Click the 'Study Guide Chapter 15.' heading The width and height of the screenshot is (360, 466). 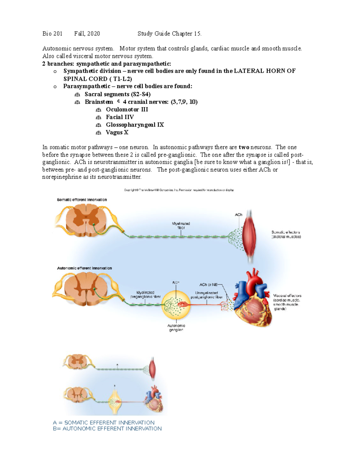[x=169, y=34]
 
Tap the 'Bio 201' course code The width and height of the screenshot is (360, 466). [x=52, y=34]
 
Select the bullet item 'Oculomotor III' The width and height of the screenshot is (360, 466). [x=127, y=110]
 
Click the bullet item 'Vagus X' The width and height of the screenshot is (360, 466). [x=117, y=132]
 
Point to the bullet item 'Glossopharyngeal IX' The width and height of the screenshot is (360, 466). [x=135, y=125]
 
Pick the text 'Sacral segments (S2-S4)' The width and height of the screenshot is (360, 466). [x=118, y=94]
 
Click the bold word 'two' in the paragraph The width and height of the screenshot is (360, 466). [x=244, y=147]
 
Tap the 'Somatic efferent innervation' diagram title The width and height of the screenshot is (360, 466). [x=82, y=200]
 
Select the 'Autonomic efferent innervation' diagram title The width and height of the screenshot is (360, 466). [x=84, y=268]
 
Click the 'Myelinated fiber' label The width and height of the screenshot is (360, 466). [x=181, y=226]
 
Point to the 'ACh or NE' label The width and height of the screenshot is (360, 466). [x=208, y=284]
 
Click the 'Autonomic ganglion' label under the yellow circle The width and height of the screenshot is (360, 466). [x=176, y=328]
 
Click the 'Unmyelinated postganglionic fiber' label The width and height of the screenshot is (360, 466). [x=207, y=295]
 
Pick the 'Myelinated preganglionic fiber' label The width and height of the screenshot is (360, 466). [x=145, y=294]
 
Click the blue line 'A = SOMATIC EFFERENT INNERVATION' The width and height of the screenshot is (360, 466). [x=104, y=422]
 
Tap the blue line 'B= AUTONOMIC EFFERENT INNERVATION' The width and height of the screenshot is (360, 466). [x=107, y=428]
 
